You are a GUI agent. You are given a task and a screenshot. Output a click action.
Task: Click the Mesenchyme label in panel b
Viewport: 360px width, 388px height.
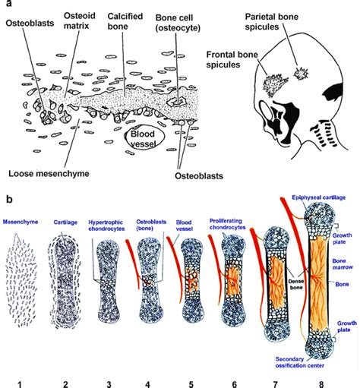(x=22, y=223)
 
